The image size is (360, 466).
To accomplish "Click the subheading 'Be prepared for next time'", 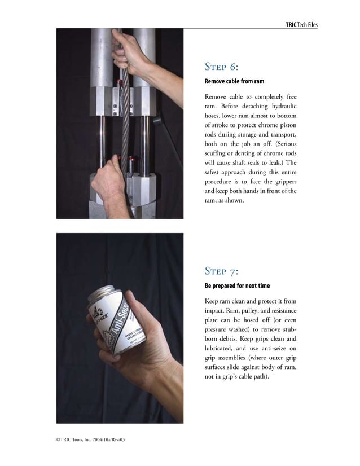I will click(x=236, y=286).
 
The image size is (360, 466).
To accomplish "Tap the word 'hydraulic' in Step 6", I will click(x=281, y=107).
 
